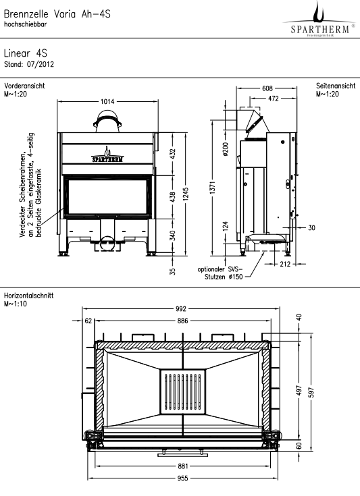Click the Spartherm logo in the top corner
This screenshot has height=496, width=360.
click(x=319, y=20)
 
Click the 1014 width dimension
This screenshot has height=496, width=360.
click(x=107, y=101)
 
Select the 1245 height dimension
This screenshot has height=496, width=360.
click(x=186, y=194)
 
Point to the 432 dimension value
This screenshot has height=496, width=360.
click(x=172, y=154)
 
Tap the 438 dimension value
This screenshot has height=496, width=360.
click(x=172, y=197)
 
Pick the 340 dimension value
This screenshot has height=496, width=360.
click(x=172, y=236)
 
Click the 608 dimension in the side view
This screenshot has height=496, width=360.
click(x=267, y=88)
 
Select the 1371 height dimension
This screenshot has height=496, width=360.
click(x=213, y=188)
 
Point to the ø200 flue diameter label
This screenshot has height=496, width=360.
click(x=226, y=149)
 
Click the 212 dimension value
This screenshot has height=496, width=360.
click(x=285, y=264)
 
